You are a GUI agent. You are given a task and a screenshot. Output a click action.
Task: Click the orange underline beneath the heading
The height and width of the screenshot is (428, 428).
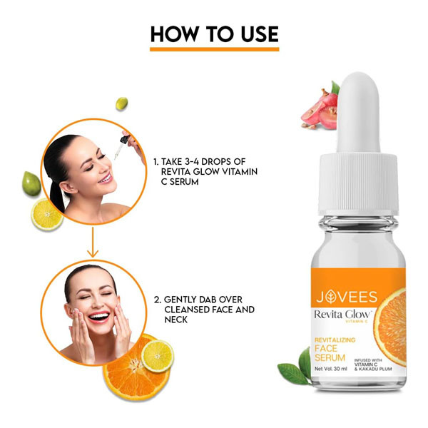click(x=214, y=49)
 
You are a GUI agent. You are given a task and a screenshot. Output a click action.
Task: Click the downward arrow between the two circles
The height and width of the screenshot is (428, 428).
click(x=93, y=242)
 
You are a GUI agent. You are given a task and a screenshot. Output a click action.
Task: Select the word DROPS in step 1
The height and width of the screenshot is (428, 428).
click(x=217, y=162)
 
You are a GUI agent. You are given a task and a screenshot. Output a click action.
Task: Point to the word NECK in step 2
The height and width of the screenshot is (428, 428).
click(x=176, y=320)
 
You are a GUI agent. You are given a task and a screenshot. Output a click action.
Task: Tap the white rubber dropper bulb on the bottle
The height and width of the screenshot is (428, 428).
click(x=358, y=113)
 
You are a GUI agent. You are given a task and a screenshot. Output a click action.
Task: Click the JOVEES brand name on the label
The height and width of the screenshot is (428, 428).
click(x=347, y=297)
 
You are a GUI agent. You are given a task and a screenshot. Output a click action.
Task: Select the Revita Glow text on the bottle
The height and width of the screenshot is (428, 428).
click(x=342, y=314)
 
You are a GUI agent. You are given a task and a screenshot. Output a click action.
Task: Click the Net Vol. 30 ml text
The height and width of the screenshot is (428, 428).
click(x=330, y=369)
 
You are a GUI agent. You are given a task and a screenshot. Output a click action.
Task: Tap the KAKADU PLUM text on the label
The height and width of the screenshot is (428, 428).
click(x=376, y=369)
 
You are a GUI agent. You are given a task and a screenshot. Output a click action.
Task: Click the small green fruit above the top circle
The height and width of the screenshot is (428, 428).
click(x=122, y=103)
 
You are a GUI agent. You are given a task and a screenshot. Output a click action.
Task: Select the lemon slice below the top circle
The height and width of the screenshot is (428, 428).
click(x=47, y=214)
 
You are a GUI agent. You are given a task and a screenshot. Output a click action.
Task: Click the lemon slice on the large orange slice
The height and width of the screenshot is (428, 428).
click(x=158, y=356)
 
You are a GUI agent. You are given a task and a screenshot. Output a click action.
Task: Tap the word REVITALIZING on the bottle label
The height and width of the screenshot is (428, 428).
click(x=335, y=340)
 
